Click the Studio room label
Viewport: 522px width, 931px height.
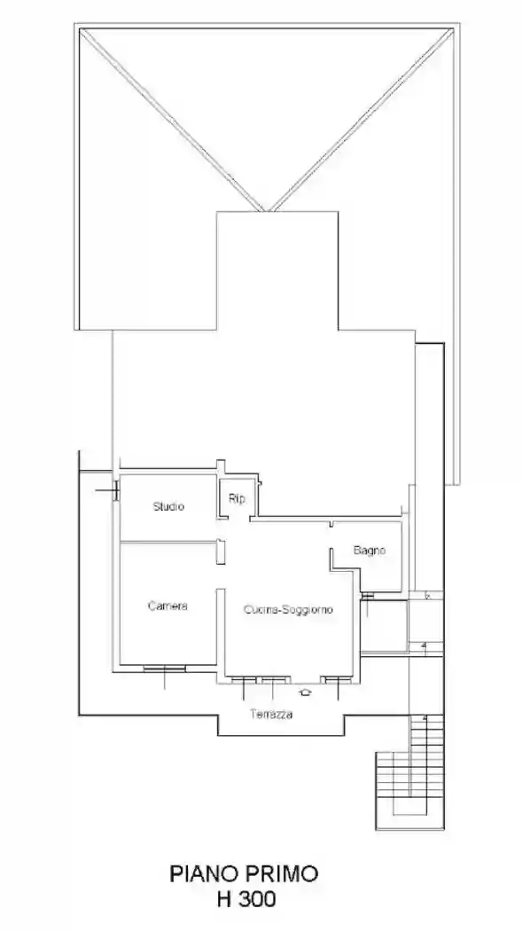168,506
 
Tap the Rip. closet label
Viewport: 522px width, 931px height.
237,498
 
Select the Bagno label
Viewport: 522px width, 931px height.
370,551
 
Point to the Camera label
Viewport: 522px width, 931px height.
168,606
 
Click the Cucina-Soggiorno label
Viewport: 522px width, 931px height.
289,610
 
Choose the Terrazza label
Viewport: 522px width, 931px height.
271,715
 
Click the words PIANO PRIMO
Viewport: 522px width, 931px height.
244,875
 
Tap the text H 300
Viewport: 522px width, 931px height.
245,899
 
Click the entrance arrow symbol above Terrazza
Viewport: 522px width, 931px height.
307,692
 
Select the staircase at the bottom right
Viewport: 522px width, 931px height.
410,780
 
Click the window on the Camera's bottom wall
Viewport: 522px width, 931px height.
165,669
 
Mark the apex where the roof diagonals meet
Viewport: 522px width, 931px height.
267,211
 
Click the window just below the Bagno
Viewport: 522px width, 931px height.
367,596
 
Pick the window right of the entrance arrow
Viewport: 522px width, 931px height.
337,679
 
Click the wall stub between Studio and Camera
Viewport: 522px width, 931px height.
221,550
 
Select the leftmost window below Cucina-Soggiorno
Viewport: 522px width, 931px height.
245,679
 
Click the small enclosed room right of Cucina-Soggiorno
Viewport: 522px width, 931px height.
385,628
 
